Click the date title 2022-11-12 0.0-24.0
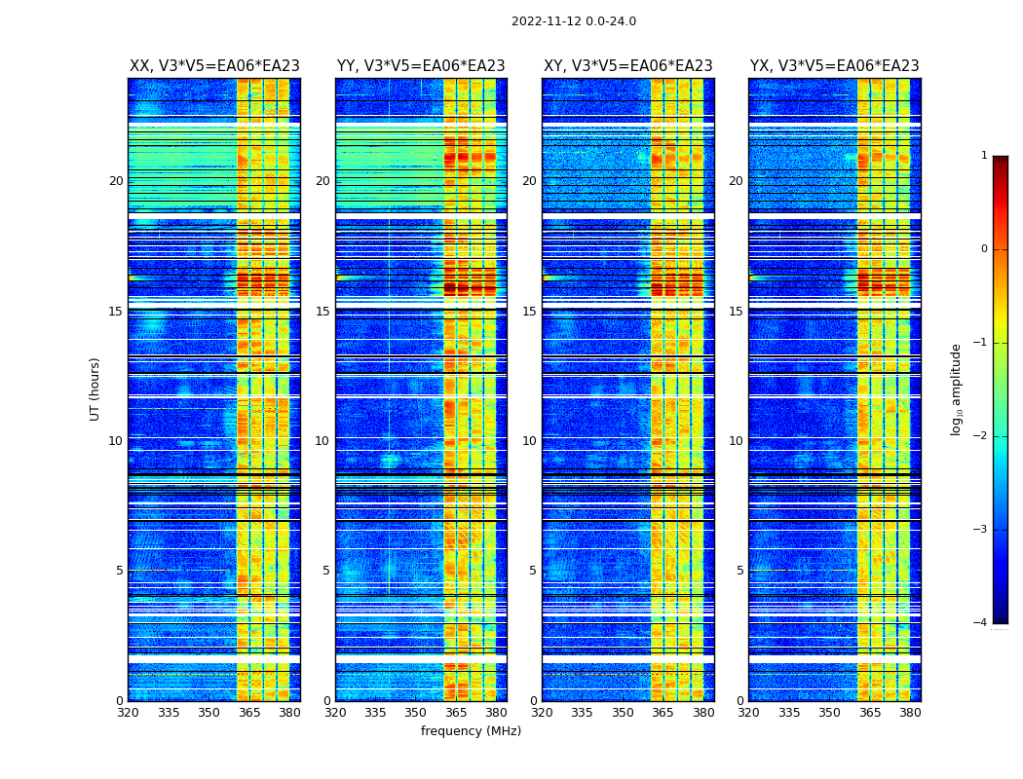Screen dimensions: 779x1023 point(573,21)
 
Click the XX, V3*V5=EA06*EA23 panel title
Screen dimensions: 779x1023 point(214,66)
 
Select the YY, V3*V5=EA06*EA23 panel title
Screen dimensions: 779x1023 point(421,66)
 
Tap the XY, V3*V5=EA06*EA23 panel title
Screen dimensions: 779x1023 point(627,66)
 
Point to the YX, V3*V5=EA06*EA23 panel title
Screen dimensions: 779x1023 point(834,66)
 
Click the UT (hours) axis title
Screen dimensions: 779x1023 point(95,389)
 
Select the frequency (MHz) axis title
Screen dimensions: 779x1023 point(471,731)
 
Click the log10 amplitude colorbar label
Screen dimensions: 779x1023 point(956,389)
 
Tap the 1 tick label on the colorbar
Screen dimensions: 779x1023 point(983,156)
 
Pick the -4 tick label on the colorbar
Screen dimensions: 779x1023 point(980,623)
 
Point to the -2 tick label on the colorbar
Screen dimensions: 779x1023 point(980,436)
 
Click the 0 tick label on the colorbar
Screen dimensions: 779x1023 point(983,249)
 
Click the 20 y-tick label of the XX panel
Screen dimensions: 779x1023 point(116,181)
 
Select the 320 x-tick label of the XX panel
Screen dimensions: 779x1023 point(129,713)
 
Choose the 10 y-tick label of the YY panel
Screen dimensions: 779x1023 point(322,441)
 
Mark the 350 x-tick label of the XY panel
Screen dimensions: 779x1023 point(622,713)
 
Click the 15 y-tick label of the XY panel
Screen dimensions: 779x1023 point(529,312)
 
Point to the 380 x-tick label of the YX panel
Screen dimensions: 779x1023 point(910,713)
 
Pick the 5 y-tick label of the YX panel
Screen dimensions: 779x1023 point(739,571)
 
